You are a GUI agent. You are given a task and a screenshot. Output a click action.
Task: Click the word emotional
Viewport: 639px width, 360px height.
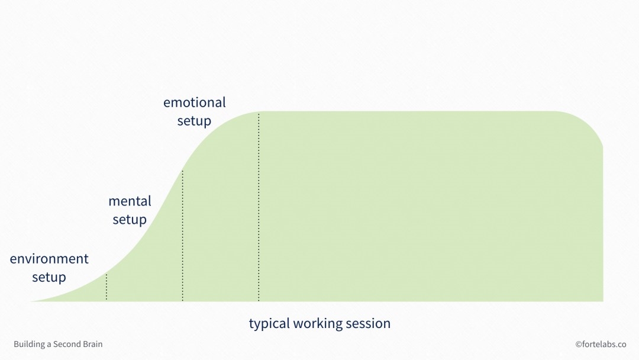tap(194, 102)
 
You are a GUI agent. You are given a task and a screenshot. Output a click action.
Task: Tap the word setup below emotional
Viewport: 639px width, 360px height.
tap(194, 121)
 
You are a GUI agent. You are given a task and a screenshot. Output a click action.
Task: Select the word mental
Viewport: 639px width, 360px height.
tap(130, 201)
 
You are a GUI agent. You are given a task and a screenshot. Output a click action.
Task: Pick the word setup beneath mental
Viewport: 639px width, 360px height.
tap(130, 220)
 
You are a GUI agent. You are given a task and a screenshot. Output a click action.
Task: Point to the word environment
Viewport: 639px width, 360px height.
tap(49, 259)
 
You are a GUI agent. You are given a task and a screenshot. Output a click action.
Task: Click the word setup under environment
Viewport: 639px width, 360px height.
tap(49, 277)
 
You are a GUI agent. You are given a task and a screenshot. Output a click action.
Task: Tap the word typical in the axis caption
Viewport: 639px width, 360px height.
tap(269, 324)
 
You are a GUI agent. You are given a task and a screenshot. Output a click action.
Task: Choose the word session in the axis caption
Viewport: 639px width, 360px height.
tap(369, 324)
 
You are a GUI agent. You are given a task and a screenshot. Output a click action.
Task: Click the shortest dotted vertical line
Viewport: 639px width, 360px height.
tap(106, 287)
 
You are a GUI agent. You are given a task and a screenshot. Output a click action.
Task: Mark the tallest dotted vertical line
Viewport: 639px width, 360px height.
tap(259, 207)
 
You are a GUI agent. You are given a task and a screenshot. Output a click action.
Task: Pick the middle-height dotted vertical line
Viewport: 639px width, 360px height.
tap(182, 237)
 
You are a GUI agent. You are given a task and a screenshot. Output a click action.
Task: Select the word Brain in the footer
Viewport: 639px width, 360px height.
tap(92, 344)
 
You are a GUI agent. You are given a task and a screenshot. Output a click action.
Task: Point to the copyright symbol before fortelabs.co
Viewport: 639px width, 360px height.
tap(578, 344)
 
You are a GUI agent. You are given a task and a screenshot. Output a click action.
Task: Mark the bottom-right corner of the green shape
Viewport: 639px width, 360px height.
tap(602, 300)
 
